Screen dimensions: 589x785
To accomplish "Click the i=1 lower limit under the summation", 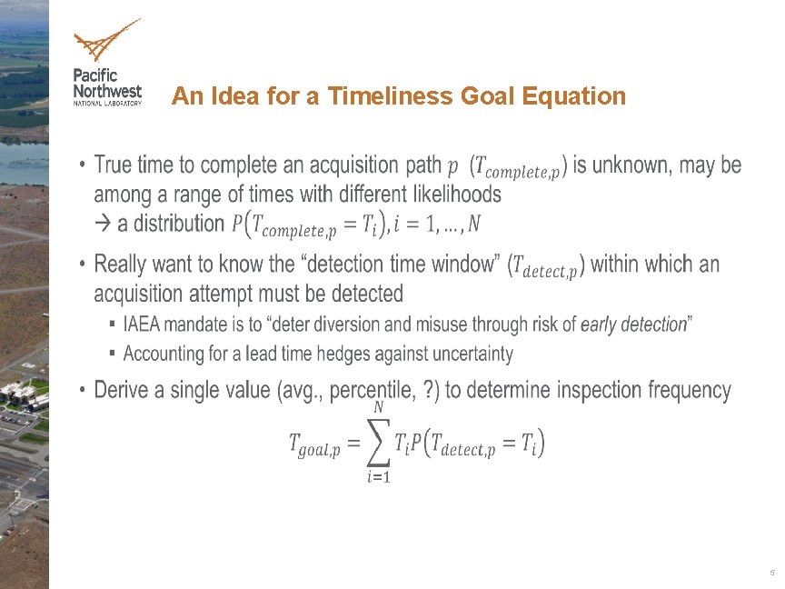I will (377, 479).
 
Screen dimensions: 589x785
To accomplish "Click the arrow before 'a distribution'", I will (103, 224).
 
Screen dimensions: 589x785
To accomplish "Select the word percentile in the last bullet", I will (372, 391).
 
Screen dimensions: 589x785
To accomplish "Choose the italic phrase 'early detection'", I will (632, 324).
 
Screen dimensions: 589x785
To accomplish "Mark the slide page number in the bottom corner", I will (771, 573).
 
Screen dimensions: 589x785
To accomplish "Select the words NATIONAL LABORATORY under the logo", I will (107, 103).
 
